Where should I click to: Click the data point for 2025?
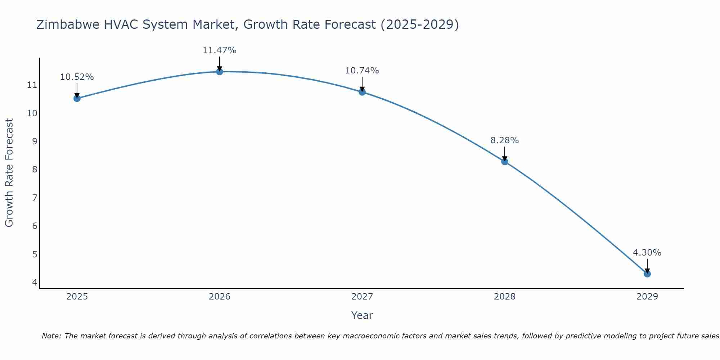click(77, 98)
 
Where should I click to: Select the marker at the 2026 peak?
click(220, 72)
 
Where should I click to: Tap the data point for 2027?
click(362, 92)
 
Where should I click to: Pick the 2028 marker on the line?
click(505, 162)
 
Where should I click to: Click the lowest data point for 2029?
click(647, 274)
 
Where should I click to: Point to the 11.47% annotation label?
click(219, 50)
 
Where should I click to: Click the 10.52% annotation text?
click(77, 77)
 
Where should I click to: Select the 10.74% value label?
click(362, 71)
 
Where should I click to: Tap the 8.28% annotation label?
click(504, 140)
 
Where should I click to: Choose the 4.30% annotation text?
click(647, 253)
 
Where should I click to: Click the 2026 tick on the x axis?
click(220, 297)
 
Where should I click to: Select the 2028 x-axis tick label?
click(505, 297)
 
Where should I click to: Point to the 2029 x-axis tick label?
click(647, 297)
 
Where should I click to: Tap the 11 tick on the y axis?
click(32, 85)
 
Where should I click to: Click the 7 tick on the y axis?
click(35, 198)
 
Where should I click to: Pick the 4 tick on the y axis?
click(35, 282)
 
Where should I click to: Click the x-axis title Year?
click(362, 315)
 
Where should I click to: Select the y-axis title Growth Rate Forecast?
click(9, 173)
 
